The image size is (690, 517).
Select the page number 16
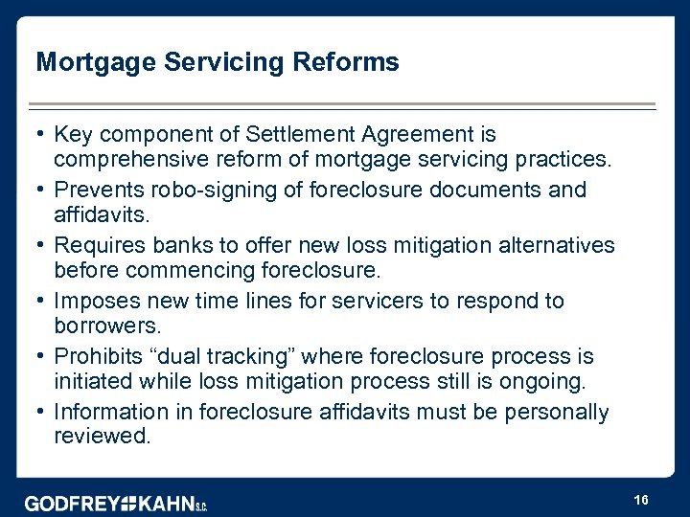click(641, 501)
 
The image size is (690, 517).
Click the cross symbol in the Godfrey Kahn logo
click(127, 503)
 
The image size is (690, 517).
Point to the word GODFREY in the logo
click(71, 503)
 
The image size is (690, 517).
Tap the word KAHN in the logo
click(166, 503)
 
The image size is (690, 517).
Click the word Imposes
click(93, 301)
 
